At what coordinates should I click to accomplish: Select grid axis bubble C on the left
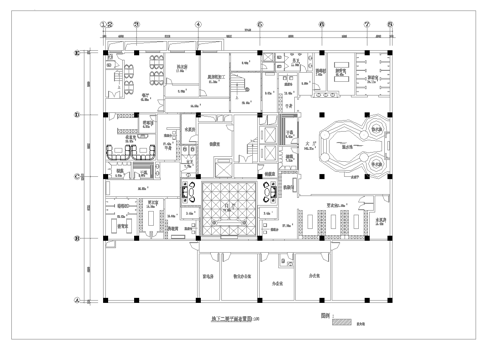pyautogui.click(x=78, y=179)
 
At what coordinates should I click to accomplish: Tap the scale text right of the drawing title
pyautogui.click(x=258, y=320)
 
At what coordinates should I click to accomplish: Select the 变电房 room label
pyautogui.click(x=211, y=273)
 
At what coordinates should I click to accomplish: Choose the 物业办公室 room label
pyautogui.click(x=243, y=273)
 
